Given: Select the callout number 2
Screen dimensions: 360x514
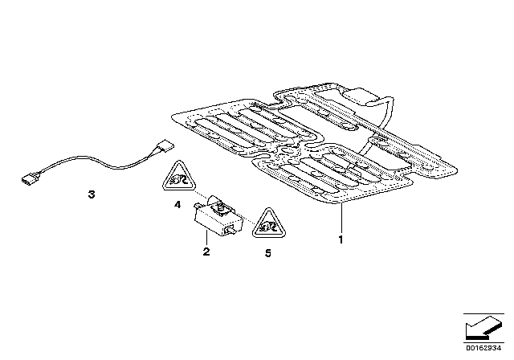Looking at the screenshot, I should click(x=206, y=252).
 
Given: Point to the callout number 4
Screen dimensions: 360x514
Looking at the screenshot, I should click(x=177, y=205).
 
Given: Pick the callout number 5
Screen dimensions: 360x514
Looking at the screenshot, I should click(x=268, y=252).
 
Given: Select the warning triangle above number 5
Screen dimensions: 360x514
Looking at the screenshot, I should click(x=265, y=224).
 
